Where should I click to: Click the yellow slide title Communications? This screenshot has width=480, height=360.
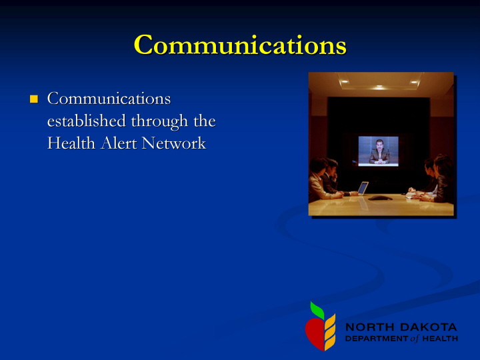click(x=240, y=45)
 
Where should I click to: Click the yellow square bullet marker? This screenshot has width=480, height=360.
click(x=34, y=99)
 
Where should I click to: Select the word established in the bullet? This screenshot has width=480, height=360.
click(x=86, y=121)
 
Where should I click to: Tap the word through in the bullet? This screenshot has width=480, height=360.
click(x=159, y=121)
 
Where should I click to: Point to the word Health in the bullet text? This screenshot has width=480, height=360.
click(x=71, y=143)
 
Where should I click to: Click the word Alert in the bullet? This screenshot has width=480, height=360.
click(x=119, y=143)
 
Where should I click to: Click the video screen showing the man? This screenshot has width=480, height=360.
click(x=379, y=151)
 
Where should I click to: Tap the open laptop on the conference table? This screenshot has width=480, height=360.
click(x=362, y=189)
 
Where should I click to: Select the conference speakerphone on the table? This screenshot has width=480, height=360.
click(x=380, y=198)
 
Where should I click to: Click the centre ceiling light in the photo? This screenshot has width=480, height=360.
click(x=379, y=87)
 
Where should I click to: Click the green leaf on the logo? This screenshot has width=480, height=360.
click(x=317, y=311)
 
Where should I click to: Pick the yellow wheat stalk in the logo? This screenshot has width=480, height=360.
click(x=330, y=332)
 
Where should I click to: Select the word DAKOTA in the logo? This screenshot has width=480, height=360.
click(x=429, y=327)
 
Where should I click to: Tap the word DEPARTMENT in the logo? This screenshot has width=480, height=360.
click(x=377, y=339)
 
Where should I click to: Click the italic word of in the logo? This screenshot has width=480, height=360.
click(x=415, y=339)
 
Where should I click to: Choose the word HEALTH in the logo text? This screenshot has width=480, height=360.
click(x=440, y=339)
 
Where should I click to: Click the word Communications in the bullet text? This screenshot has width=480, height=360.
click(x=109, y=99)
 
